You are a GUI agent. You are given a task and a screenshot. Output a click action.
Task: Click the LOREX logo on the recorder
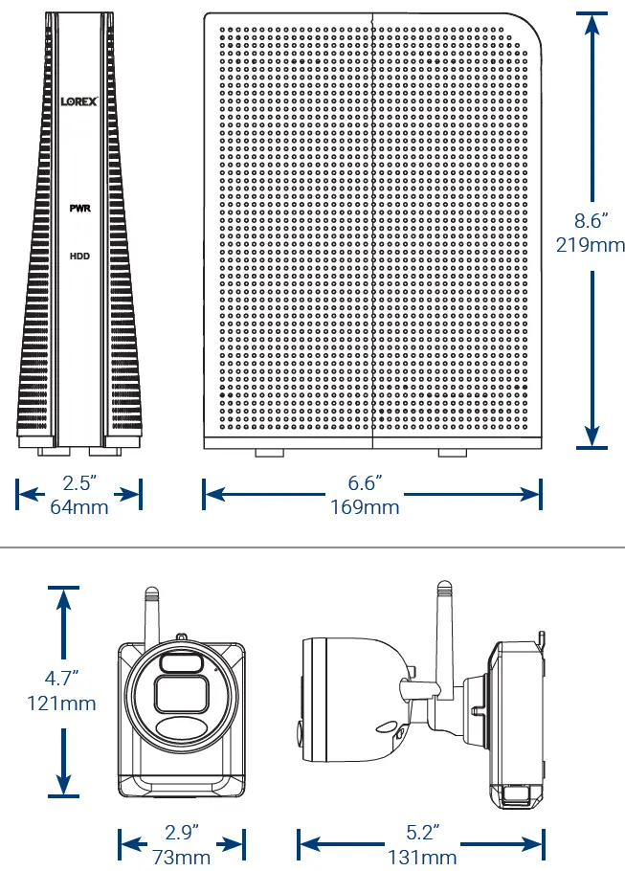78,100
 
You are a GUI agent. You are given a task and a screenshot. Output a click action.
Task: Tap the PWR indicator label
79,206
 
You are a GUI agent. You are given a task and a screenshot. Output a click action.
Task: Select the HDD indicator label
79,257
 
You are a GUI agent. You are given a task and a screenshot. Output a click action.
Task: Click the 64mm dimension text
78,507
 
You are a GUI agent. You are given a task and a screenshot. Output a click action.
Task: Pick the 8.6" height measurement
590,221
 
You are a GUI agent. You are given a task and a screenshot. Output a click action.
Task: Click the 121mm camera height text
64,703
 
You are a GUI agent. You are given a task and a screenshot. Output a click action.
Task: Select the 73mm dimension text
180,855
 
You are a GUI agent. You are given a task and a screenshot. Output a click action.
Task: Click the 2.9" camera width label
180,832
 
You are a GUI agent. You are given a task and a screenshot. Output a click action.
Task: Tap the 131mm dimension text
422,855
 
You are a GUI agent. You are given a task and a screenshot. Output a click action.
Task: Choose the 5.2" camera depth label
422,832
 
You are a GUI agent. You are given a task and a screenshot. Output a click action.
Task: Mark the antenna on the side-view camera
444,622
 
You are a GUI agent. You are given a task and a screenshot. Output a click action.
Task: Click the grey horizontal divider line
312,547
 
